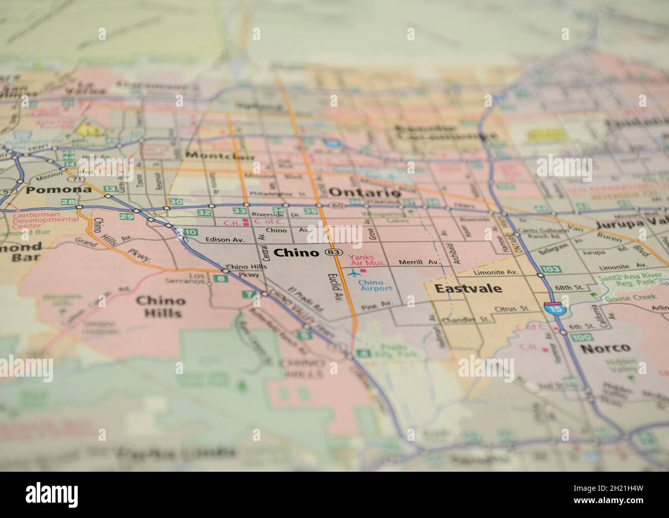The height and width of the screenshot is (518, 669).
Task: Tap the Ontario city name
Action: pos(364,193)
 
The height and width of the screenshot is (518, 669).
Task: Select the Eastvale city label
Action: pos(468,288)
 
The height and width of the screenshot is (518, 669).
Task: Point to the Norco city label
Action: pos(605,348)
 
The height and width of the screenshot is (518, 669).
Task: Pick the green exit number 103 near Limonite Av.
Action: pos(551,269)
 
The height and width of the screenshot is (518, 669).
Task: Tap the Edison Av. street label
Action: pos(224,239)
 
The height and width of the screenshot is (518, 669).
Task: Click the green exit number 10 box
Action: pos(190,232)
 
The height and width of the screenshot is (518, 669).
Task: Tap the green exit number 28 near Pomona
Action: pos(70,202)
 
